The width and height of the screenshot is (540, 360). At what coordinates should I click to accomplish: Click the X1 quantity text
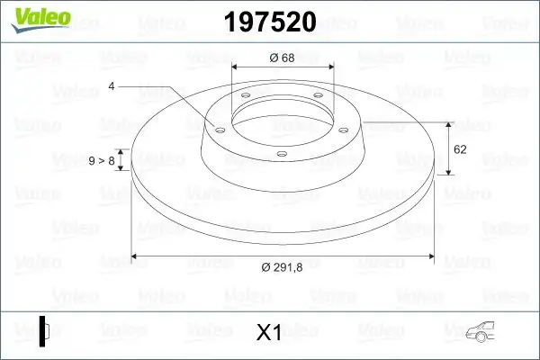(x=269, y=333)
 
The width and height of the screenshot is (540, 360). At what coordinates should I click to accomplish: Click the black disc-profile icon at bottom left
(x=43, y=331)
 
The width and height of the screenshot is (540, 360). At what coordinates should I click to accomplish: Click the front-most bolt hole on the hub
(x=282, y=154)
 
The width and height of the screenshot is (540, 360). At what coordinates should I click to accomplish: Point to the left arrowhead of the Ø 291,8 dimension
(x=135, y=257)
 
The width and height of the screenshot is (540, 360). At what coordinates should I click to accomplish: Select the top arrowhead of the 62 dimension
(x=448, y=122)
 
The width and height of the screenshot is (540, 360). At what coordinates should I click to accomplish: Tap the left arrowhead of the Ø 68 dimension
(x=236, y=67)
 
